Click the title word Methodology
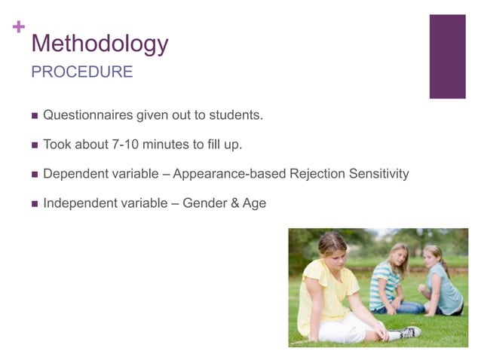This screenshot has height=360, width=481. tap(100, 44)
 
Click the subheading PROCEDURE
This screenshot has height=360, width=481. tap(81, 72)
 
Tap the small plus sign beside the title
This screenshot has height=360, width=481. tap(19, 26)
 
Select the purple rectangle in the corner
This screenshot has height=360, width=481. tap(447, 56)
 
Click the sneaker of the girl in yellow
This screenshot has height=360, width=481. tap(408, 331)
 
